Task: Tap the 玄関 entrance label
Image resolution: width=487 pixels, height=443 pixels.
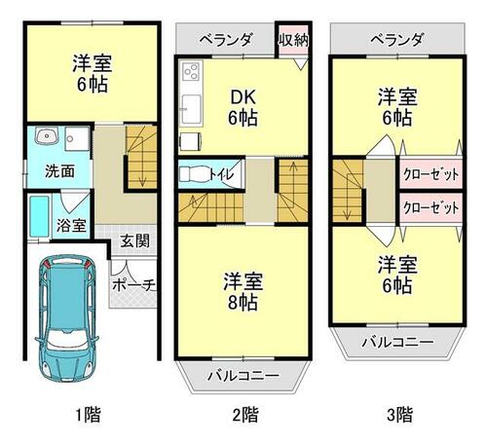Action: point(134,241)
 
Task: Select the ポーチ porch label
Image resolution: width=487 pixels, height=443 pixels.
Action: point(133,285)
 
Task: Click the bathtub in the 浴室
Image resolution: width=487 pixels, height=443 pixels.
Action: point(40,216)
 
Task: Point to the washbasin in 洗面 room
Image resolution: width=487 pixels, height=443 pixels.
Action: point(47,135)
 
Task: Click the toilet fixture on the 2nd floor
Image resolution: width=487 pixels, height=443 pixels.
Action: point(194,174)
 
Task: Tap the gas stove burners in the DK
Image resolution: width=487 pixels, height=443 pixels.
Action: point(191,71)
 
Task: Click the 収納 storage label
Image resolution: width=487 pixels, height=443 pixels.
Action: point(293,40)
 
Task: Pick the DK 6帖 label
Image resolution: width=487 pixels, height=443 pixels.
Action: point(243,107)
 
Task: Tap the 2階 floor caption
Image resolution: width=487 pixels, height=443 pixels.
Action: point(245,415)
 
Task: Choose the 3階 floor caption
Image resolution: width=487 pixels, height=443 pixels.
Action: point(399,415)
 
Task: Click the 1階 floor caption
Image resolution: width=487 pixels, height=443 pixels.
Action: point(88,415)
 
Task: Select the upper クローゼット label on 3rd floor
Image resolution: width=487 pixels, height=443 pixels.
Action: point(431,174)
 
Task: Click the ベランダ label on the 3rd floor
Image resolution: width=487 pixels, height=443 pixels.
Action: point(397,40)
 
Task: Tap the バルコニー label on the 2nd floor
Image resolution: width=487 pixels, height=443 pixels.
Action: point(243,376)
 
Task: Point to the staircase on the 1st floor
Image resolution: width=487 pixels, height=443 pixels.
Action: point(141,157)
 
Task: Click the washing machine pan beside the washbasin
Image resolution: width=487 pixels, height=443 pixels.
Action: point(77,139)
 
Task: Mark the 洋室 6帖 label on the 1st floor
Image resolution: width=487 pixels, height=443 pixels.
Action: point(93,74)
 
